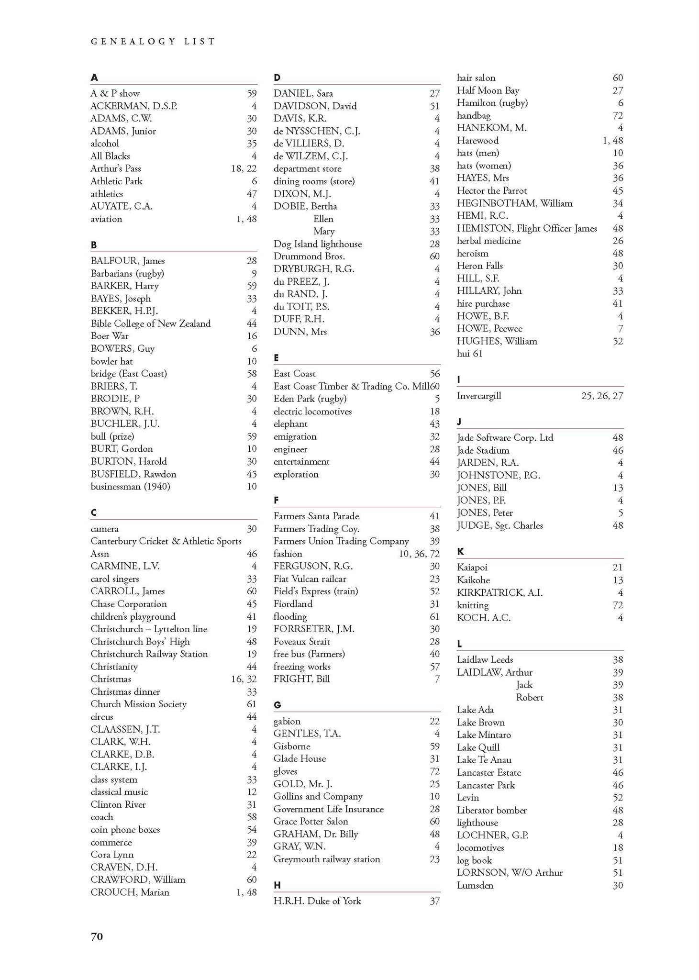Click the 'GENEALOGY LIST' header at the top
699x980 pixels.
coord(153,42)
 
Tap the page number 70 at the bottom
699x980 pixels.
coord(97,936)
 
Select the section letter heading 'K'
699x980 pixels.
coord(460,552)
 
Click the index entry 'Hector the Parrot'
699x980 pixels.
coord(491,190)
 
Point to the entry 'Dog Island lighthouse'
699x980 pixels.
coord(318,244)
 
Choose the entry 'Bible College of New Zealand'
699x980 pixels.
coord(150,323)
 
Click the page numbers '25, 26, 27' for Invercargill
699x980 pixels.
coord(602,396)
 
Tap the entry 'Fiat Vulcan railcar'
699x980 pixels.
coord(310,579)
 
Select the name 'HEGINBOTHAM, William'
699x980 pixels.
coord(514,203)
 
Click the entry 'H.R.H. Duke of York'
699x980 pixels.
coord(317,901)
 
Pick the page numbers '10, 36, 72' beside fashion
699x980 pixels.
coord(419,554)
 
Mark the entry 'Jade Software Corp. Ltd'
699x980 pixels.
coord(505,437)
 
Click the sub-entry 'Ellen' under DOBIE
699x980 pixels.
coord(323,219)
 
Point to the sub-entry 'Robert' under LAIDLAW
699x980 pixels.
coord(529,697)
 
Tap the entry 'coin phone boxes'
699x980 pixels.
coord(125,829)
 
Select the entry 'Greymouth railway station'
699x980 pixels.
coord(327,859)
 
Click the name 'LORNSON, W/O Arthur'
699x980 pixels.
coord(510,872)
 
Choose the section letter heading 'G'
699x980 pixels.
coord(277,705)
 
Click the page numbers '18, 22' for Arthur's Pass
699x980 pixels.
coord(244,168)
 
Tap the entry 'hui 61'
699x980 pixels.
coord(470,354)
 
